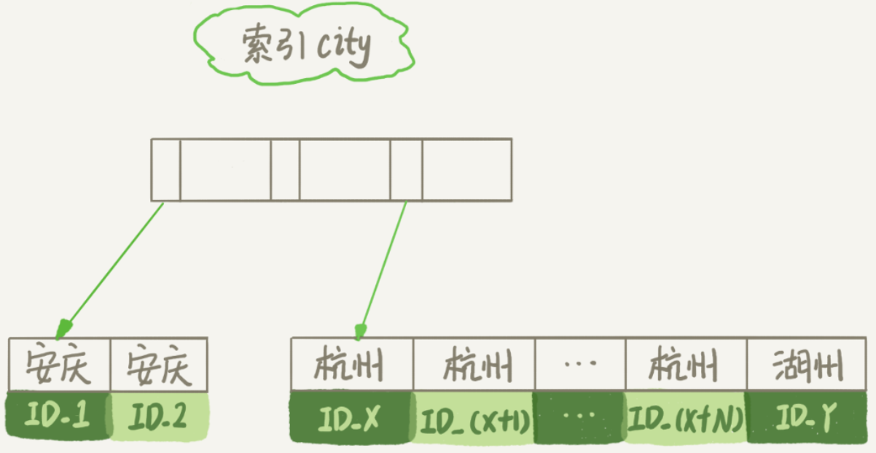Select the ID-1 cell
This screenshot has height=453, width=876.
pyautogui.click(x=58, y=417)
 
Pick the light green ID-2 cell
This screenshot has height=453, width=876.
pyautogui.click(x=158, y=417)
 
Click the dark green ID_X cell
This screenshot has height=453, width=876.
pyautogui.click(x=351, y=418)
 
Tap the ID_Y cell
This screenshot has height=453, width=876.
pyautogui.click(x=807, y=418)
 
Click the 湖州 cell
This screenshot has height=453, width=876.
pyautogui.click(x=807, y=364)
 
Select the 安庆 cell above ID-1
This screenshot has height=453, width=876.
pyautogui.click(x=58, y=364)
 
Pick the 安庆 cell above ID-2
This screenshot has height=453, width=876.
pyautogui.click(x=158, y=364)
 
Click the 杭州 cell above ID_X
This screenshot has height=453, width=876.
pyautogui.click(x=352, y=364)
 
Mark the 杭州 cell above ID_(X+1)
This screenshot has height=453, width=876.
pyautogui.click(x=474, y=364)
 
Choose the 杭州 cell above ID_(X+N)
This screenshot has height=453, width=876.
pyautogui.click(x=685, y=364)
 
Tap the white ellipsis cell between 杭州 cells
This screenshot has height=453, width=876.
pyautogui.click(x=579, y=364)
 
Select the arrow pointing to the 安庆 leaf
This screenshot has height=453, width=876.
pyautogui.click(x=113, y=266)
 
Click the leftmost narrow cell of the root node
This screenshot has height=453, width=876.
pyautogui.click(x=165, y=169)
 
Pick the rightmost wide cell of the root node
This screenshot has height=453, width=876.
pyautogui.click(x=466, y=169)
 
